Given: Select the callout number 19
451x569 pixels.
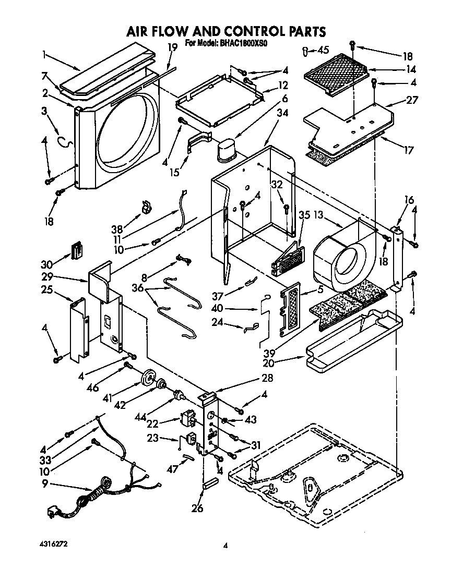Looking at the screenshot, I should pyautogui.click(x=173, y=47).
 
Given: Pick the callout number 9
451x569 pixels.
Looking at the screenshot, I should pyautogui.click(x=45, y=483).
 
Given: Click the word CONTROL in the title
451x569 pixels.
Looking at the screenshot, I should pyautogui.click(x=238, y=31).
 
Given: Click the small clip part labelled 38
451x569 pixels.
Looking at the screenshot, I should pyautogui.click(x=147, y=208).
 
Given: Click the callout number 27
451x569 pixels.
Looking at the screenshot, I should pyautogui.click(x=412, y=101).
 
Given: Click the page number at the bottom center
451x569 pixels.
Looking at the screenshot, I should pyautogui.click(x=225, y=546).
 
